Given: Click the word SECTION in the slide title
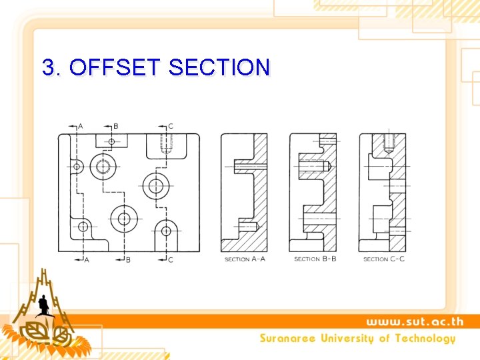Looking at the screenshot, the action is [220, 67].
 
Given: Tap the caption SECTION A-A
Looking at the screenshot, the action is [245, 259].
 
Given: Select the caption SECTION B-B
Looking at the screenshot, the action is [315, 259].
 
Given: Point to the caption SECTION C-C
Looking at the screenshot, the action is [384, 259].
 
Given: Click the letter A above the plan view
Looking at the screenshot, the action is [81, 126].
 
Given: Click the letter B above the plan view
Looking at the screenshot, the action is [115, 126].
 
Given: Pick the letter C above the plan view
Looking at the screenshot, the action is [171, 126].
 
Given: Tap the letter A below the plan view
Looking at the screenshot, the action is [86, 259].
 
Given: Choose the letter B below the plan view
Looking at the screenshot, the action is [128, 259].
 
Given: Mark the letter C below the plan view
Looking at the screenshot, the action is [171, 259].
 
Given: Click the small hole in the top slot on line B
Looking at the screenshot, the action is [111, 141].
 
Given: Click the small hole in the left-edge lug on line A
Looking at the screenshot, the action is [77, 166].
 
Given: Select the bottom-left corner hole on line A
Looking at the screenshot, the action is [83, 227].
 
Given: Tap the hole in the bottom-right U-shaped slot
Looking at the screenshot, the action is [166, 231].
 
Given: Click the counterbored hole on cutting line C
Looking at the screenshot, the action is [156, 185].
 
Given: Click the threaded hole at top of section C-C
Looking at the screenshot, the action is [389, 142].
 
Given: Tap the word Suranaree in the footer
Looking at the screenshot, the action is [287, 338].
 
